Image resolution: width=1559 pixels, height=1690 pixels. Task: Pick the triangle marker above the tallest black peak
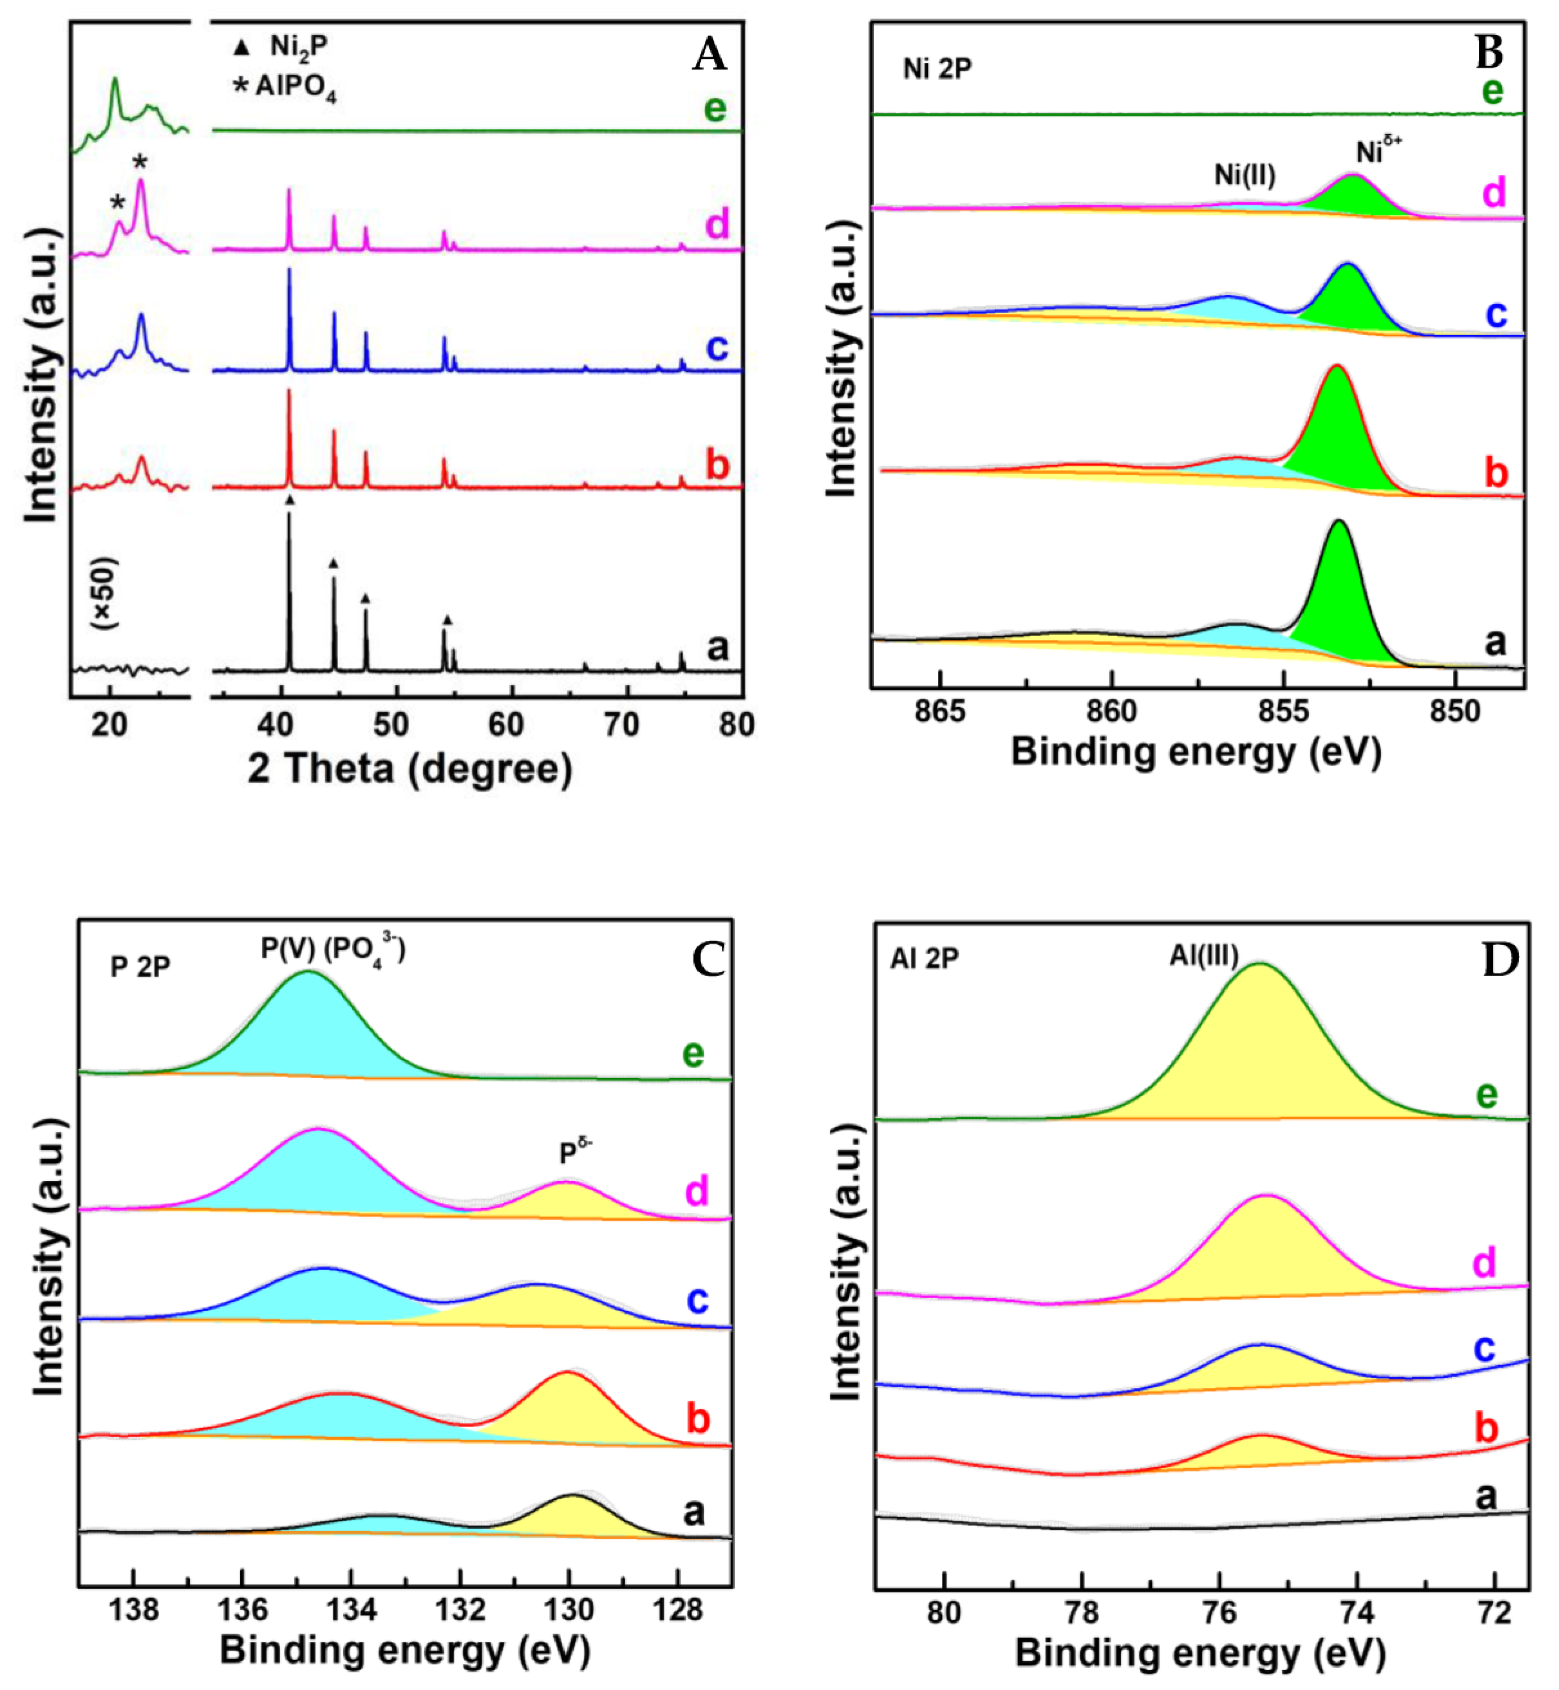[290, 500]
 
